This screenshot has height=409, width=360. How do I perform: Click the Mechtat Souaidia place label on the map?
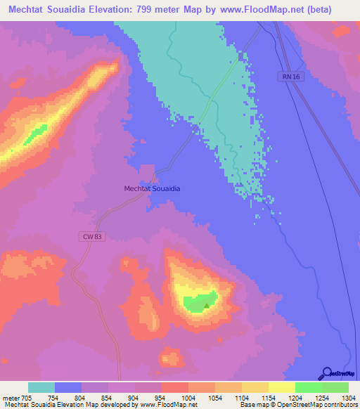pos(152,189)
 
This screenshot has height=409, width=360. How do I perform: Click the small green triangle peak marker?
pos(206,305)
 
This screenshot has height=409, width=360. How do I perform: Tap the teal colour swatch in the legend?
pos(41,387)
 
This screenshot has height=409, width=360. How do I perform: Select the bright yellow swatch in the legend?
pos(281,387)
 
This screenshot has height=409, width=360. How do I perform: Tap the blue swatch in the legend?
pos(68,387)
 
